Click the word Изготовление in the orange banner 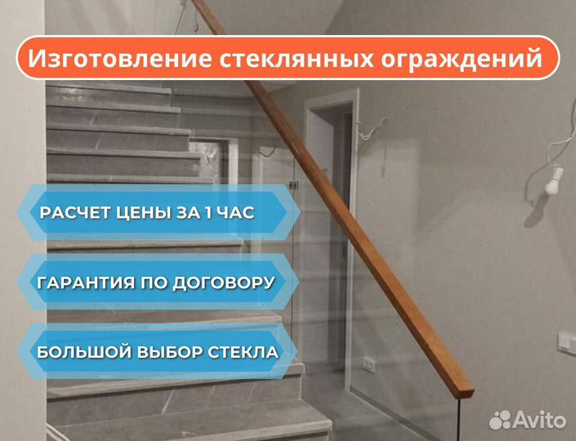[120, 59]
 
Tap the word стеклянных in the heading [297, 59]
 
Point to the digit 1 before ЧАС [208, 213]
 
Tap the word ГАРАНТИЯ [86, 283]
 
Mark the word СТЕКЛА [243, 353]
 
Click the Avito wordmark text [539, 420]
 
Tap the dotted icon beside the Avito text [500, 420]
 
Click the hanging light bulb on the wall [554, 181]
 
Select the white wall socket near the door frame [368, 364]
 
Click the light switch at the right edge [567, 342]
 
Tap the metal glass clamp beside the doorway [292, 185]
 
